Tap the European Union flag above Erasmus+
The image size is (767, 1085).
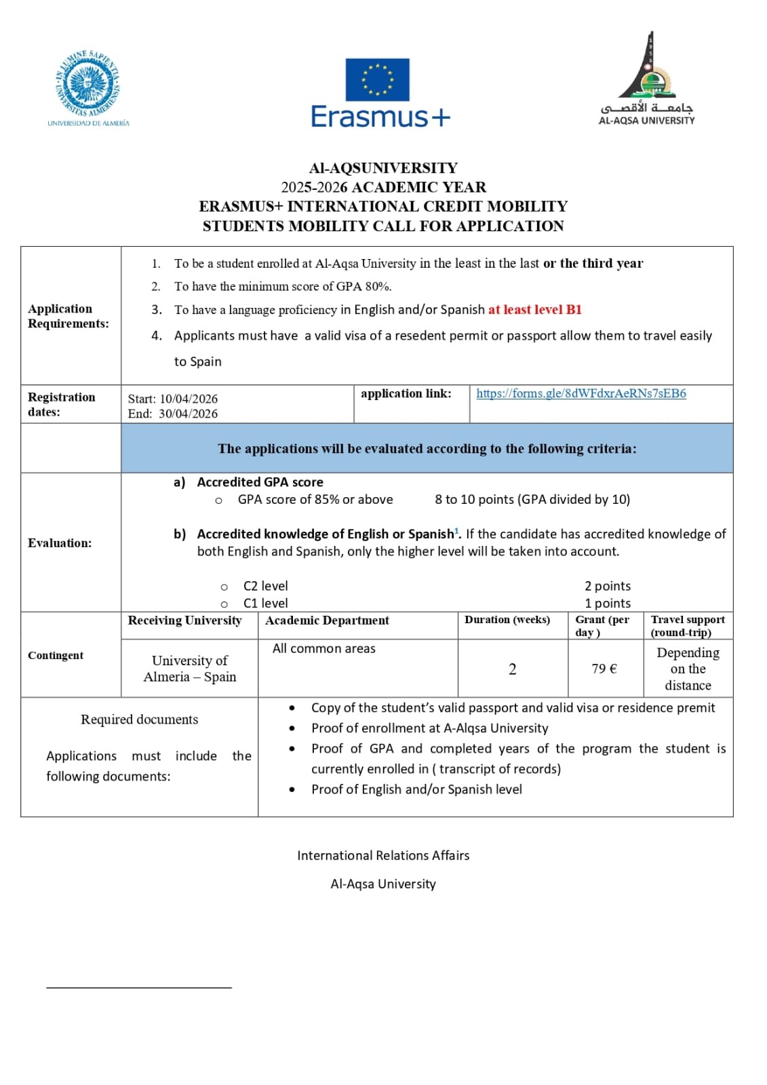377,79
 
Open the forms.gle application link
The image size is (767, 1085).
581,393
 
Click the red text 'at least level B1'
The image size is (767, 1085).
534,310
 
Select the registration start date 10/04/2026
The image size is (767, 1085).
189,399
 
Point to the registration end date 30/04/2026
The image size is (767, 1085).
188,414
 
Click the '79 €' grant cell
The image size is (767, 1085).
604,669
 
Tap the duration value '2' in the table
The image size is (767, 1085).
513,669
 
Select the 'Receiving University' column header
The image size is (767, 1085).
184,620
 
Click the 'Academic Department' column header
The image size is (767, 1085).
327,620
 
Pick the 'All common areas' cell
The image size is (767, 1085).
323,649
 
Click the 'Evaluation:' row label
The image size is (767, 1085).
60,543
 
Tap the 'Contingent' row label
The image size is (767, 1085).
56,655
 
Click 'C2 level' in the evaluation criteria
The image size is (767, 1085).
265,586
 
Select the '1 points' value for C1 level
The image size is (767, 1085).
608,604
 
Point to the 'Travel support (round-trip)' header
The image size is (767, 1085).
687,626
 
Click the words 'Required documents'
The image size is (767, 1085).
140,719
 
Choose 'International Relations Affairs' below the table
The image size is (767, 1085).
383,856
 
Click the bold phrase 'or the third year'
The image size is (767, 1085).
593,264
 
